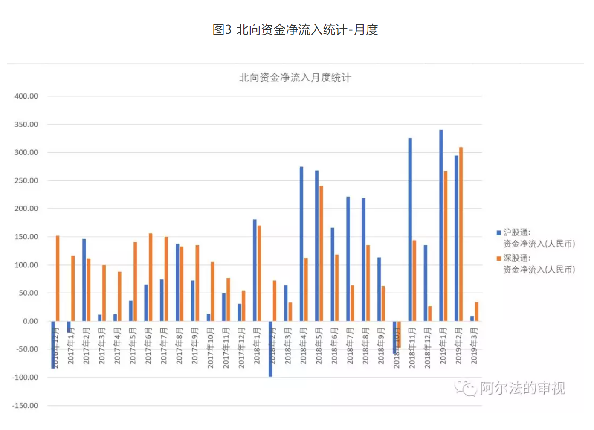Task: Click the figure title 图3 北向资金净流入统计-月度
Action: coord(295,30)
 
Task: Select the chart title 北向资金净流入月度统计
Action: coord(295,78)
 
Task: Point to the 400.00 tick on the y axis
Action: coord(26,96)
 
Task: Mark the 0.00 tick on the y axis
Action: coord(30,321)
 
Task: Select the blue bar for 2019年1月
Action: coord(441,225)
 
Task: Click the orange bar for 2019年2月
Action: coord(461,234)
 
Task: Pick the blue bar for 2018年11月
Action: coord(410,230)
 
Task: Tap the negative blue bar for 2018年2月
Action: coord(270,349)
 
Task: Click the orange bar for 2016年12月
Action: coord(58,278)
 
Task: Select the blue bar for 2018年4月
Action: coord(301,244)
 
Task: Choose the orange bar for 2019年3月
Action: coord(476,311)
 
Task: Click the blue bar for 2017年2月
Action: coord(84,280)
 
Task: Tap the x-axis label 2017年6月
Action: coord(148,346)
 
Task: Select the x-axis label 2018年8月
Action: coord(365,346)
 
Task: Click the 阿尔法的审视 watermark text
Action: coord(522,388)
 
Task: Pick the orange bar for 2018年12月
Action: coord(430,314)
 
